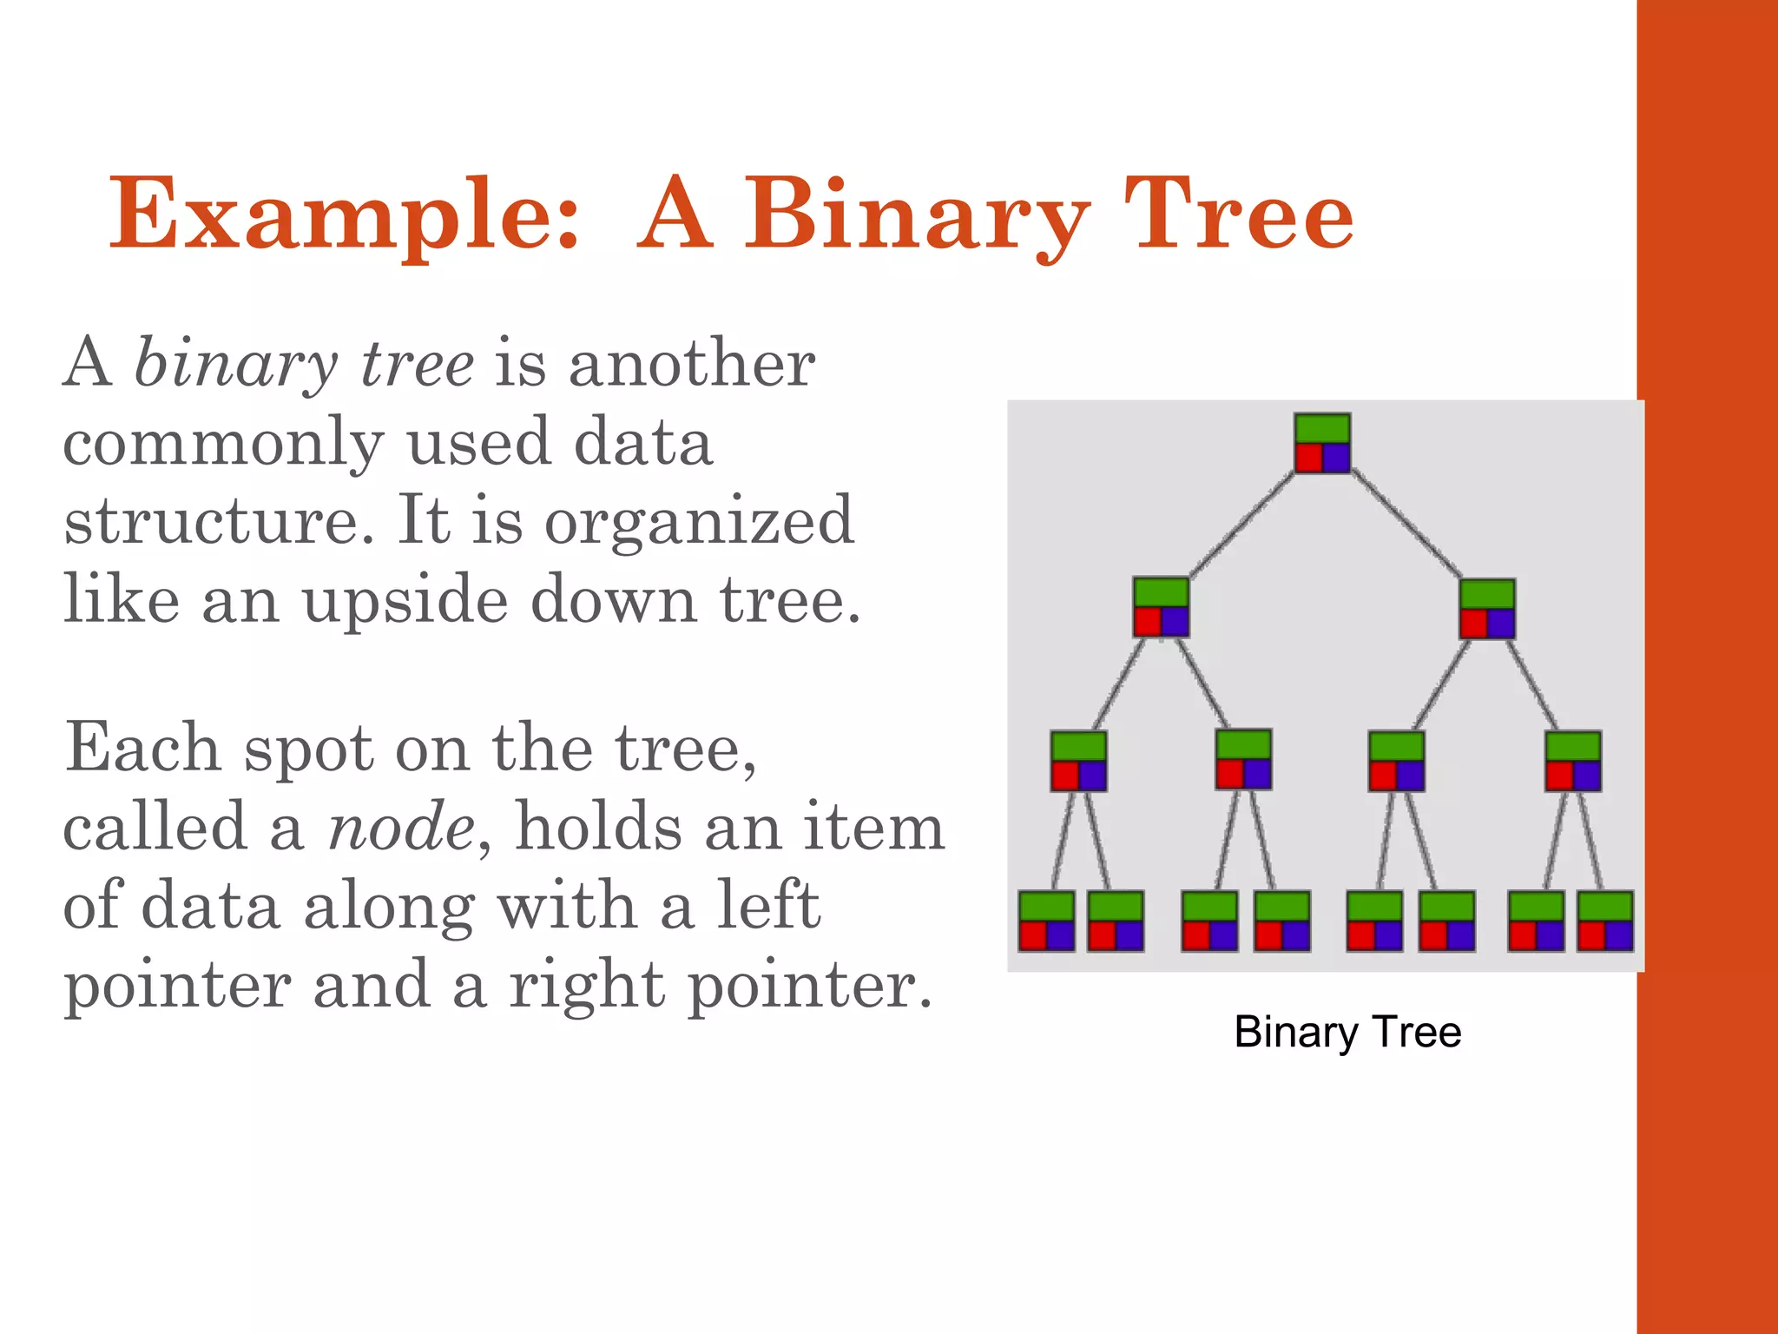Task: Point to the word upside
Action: click(405, 599)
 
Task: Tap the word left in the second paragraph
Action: click(767, 905)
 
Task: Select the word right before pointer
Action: click(586, 985)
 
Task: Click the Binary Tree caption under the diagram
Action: click(1347, 1032)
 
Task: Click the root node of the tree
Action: click(1322, 443)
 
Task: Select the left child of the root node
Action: click(1161, 608)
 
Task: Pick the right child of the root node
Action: click(1487, 609)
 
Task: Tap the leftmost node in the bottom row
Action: click(1046, 921)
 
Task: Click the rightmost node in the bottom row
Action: click(1605, 921)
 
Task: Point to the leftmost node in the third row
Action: click(1078, 761)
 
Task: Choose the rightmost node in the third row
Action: click(1572, 761)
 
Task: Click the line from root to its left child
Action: click(1241, 525)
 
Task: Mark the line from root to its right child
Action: click(1406, 525)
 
